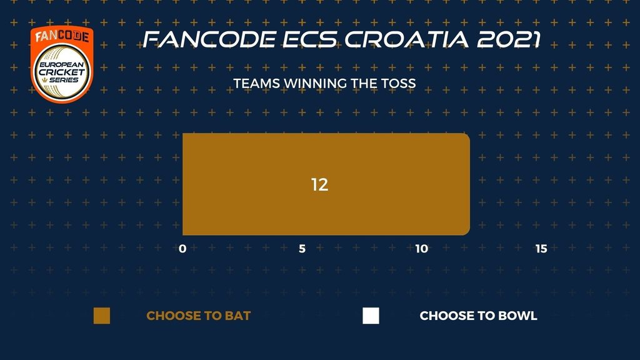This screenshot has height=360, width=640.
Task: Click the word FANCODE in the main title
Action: click(209, 39)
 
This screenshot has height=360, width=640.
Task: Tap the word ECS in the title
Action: click(310, 39)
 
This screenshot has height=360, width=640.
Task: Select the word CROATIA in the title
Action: click(406, 39)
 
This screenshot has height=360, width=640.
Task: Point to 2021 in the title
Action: click(509, 39)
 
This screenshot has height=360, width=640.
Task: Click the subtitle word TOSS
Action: click(398, 83)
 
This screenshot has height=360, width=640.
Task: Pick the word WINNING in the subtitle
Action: click(316, 83)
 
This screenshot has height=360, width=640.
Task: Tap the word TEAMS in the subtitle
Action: click(257, 83)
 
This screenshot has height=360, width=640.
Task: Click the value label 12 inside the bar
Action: click(319, 184)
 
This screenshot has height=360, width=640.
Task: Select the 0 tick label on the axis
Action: click(182, 249)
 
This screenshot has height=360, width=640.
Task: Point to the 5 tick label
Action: click(302, 249)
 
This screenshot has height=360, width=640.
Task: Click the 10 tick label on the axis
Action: click(422, 249)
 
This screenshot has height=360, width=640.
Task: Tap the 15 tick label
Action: click(541, 249)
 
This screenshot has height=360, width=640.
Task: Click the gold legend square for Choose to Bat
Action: click(102, 316)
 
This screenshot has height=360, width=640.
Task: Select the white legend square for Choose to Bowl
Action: click(371, 316)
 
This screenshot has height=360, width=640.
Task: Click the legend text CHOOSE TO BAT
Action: click(198, 316)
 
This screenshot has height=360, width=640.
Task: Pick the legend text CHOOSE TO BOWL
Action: click(478, 316)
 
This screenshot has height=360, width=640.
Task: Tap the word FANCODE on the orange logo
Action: click(62, 36)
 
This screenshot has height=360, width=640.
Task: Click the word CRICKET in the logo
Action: click(62, 72)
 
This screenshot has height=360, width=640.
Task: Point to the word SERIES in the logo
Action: click(64, 80)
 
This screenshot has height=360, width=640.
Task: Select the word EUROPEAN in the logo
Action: click(62, 64)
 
